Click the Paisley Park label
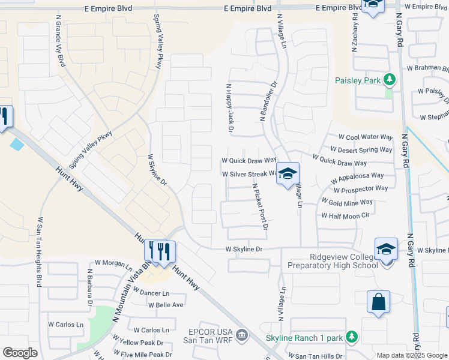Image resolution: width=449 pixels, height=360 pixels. [x=358, y=80]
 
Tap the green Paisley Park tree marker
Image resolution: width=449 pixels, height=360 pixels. [x=390, y=79]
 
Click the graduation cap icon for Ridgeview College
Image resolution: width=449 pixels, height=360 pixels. [x=386, y=249]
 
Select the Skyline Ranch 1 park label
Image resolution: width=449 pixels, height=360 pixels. [x=304, y=338]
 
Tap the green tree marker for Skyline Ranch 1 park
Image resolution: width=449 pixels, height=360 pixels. [x=352, y=337]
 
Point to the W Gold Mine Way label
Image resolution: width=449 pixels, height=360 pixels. [x=348, y=202]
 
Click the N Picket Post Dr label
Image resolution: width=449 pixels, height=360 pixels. [x=260, y=206]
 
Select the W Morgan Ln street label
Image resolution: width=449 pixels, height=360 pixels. [x=113, y=263]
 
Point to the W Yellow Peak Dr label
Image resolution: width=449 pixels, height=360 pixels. [x=140, y=343]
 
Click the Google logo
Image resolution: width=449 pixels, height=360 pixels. [x=20, y=353]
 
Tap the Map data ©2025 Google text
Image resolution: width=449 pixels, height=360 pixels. [x=411, y=355]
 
